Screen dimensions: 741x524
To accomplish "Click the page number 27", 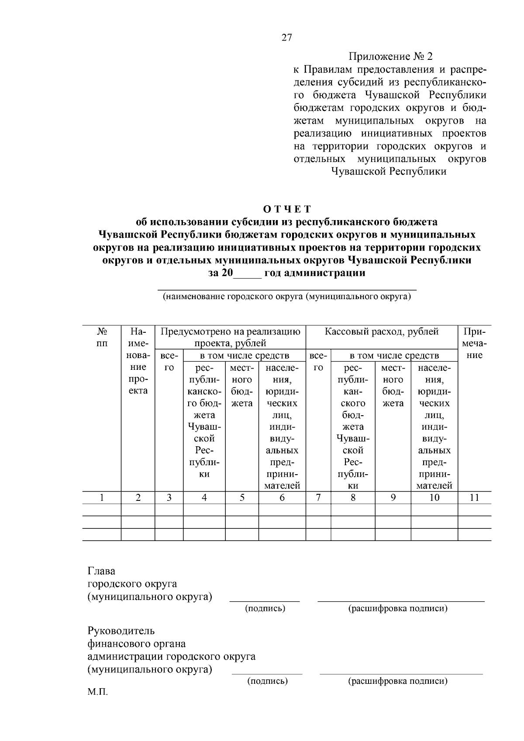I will point(286,38).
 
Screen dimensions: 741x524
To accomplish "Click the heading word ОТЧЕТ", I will point(287,209).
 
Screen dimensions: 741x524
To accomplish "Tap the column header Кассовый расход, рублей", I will point(381,332).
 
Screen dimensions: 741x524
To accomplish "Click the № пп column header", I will point(102,337).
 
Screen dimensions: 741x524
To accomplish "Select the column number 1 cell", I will point(102,497).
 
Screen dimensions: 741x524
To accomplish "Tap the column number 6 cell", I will point(282,497).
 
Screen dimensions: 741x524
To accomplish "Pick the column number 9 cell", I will point(393,497).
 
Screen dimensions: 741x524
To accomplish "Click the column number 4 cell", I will point(204,497).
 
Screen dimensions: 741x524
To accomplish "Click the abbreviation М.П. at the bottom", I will point(97,693).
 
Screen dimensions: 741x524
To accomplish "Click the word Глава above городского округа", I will point(101,572).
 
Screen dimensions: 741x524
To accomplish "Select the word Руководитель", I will point(121,631).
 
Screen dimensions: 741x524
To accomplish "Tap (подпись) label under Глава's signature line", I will point(265,608).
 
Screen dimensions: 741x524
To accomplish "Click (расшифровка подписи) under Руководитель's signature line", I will point(397,681).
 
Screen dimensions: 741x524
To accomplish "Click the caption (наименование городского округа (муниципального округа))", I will point(287,297).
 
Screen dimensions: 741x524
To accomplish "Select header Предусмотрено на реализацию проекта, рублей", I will point(231,337).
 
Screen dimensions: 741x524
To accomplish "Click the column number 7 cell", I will point(318,497).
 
